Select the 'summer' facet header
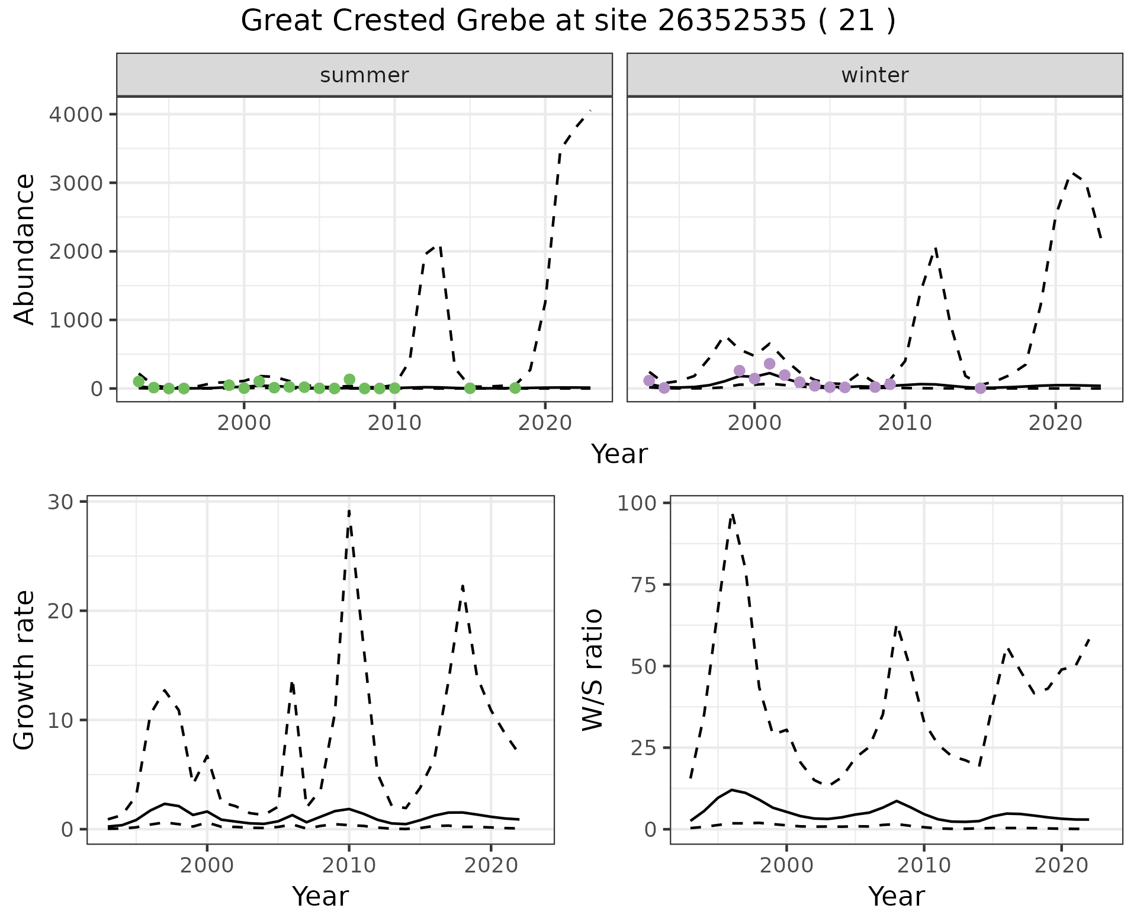(364, 75)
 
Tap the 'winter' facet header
(875, 75)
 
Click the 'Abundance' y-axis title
(25, 249)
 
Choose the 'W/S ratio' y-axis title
(592, 669)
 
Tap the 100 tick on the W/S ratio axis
(637, 503)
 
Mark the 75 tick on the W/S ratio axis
(644, 585)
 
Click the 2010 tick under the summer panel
(394, 423)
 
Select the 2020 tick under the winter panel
(1055, 423)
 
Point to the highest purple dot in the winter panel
(769, 364)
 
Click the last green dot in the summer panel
(515, 388)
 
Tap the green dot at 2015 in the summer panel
(470, 388)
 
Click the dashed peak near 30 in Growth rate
(349, 511)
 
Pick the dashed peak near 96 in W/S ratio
(733, 514)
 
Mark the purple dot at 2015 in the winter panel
(980, 388)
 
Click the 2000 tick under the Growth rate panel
(207, 865)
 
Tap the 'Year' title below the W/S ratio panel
(896, 896)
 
